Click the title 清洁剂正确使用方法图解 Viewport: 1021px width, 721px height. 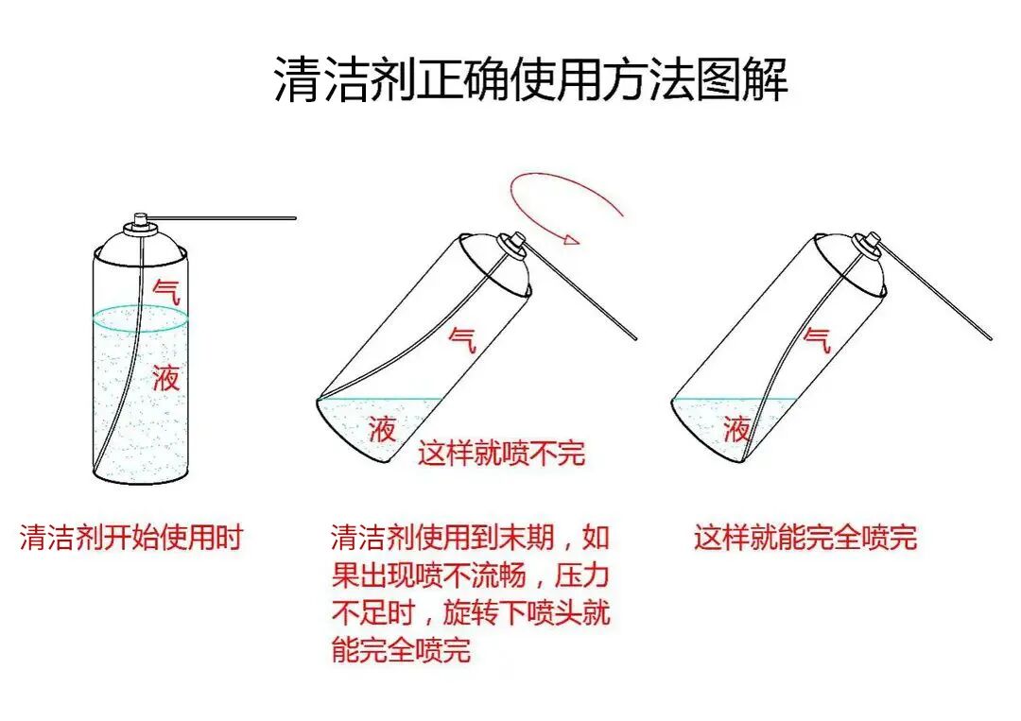(x=530, y=79)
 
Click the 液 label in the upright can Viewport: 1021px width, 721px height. (x=165, y=378)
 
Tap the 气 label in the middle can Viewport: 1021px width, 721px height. (x=462, y=337)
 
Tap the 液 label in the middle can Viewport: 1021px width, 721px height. (x=382, y=429)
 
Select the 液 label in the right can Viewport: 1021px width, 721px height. (x=736, y=429)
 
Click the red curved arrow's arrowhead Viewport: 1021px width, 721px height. (x=570, y=240)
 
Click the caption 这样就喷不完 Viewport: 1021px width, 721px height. (x=502, y=453)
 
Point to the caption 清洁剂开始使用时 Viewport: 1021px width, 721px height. (x=131, y=538)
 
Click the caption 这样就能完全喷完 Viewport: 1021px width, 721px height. (x=805, y=538)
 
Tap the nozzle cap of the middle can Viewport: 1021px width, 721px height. (x=516, y=243)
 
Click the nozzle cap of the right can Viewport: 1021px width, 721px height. (x=871, y=243)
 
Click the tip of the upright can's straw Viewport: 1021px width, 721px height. (x=294, y=218)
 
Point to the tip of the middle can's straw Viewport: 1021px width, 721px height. (x=636, y=337)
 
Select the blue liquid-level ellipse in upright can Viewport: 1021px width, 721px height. (x=141, y=318)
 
